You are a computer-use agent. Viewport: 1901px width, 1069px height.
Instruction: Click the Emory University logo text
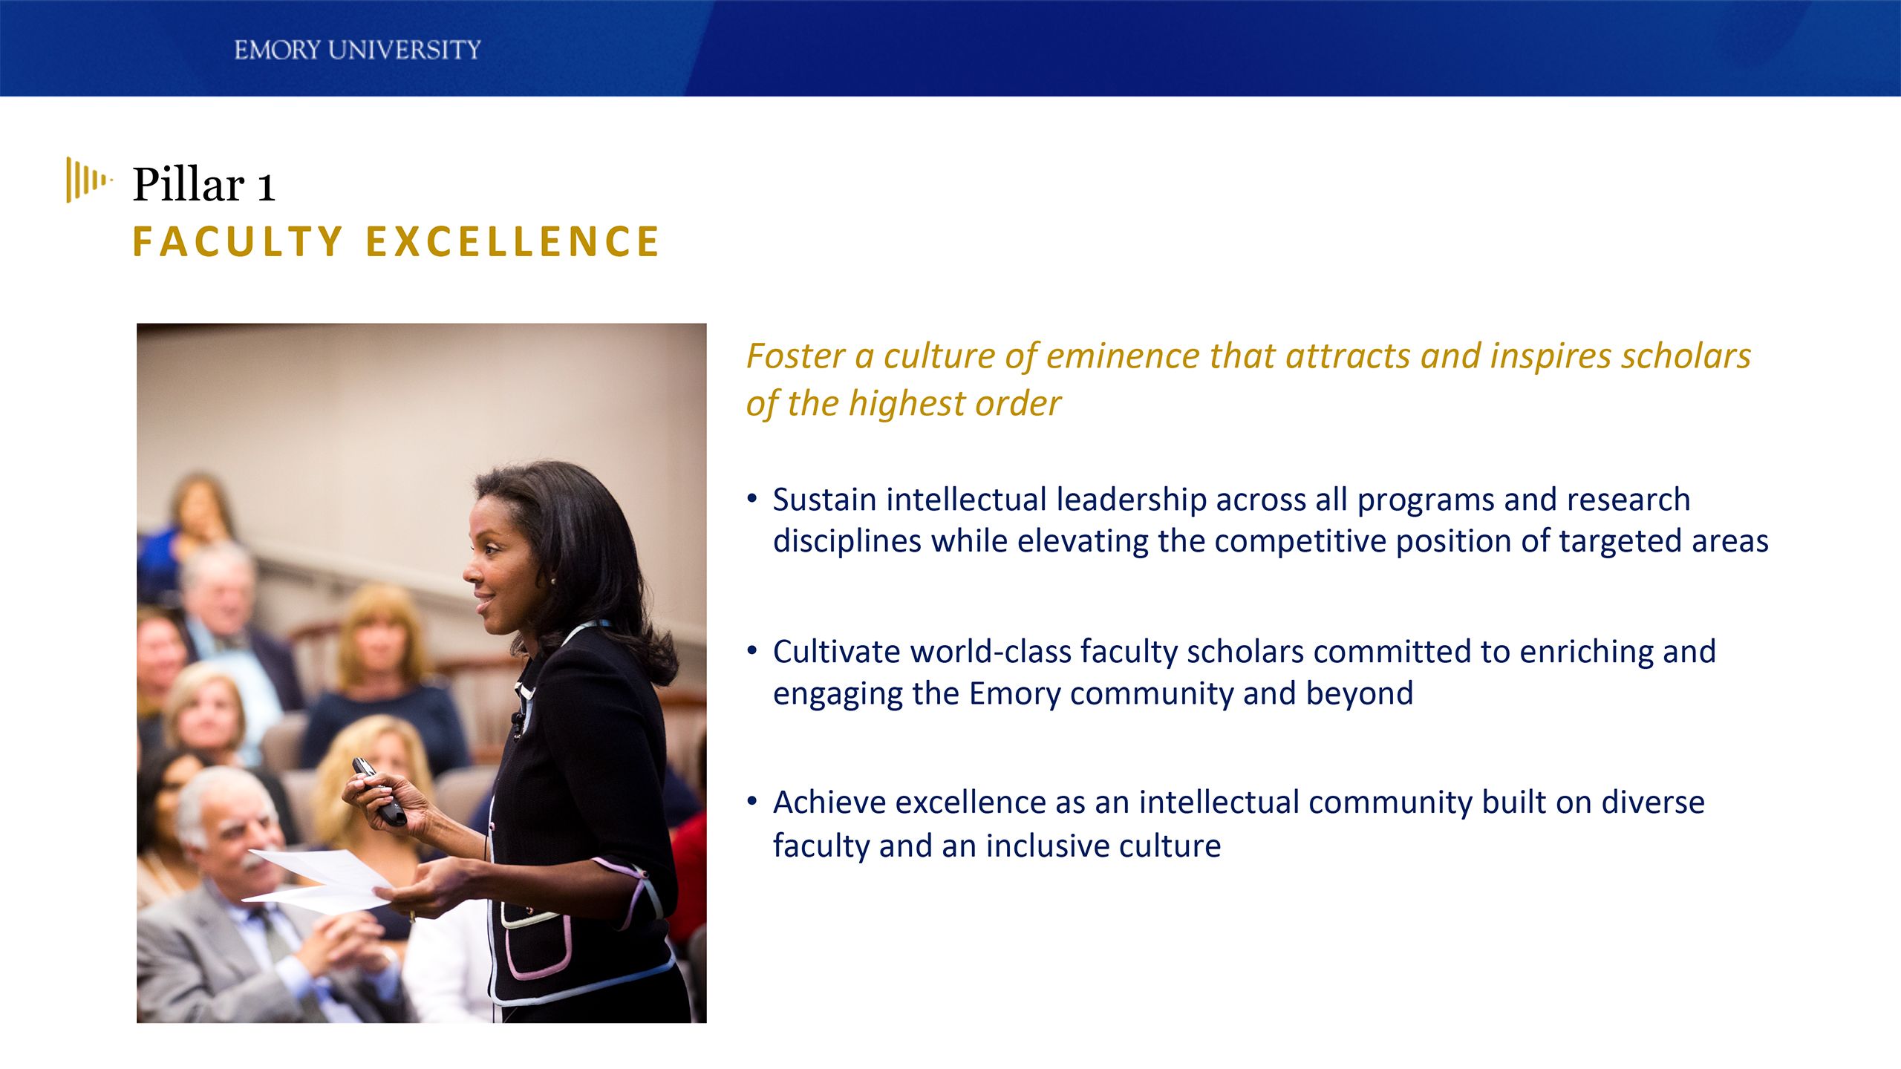click(x=357, y=50)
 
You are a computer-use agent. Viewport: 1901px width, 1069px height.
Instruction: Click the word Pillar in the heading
click(x=189, y=185)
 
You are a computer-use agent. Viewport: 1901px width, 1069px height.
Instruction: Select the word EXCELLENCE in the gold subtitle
click(x=512, y=242)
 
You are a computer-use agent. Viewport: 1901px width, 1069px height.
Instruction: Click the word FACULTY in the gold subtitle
click(x=238, y=242)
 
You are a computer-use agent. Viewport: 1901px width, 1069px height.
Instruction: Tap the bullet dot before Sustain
click(x=752, y=498)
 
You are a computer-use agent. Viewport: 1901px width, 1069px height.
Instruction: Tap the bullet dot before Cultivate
click(x=752, y=651)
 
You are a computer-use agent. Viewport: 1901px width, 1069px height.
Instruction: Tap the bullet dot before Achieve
click(x=752, y=802)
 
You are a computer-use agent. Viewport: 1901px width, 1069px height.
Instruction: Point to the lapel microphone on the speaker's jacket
click(x=516, y=718)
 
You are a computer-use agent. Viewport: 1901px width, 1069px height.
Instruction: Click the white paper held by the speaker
click(x=327, y=880)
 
